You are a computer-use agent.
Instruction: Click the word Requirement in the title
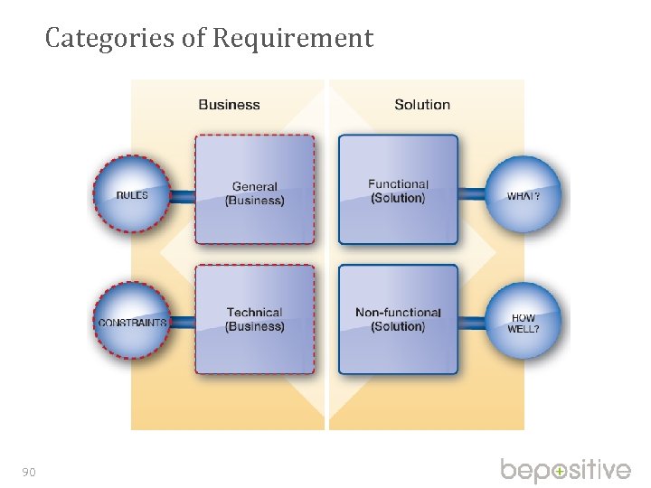(x=293, y=38)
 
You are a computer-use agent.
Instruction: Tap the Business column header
(x=229, y=105)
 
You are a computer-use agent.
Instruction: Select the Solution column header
(x=422, y=105)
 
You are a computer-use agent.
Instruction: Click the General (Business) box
(x=255, y=190)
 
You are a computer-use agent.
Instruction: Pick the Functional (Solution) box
(x=398, y=190)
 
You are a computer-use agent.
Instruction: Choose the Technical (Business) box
(x=255, y=319)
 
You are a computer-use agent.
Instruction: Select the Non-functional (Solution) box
(x=398, y=319)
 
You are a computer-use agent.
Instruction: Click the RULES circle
(x=132, y=194)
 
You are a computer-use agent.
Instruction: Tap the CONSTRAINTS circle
(x=132, y=322)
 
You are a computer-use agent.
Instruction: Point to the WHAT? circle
(x=524, y=194)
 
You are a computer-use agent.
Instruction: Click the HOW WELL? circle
(x=524, y=323)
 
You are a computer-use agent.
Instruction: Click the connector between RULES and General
(x=183, y=195)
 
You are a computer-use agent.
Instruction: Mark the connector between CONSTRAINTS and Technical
(x=183, y=323)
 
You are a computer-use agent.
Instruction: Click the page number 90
(x=29, y=472)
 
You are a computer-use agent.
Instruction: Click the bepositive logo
(x=566, y=471)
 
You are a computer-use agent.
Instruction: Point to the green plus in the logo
(x=561, y=472)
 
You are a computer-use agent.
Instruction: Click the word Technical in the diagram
(x=254, y=313)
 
